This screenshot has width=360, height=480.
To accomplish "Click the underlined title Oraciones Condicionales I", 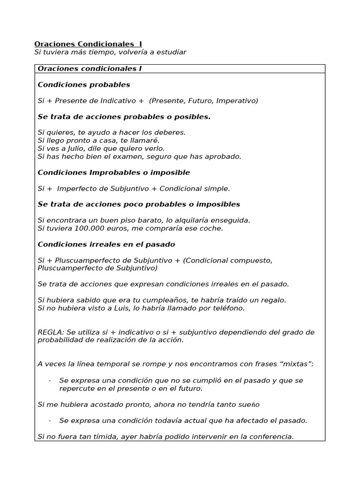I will coord(88,44).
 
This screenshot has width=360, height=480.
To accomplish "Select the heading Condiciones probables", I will coord(83,85).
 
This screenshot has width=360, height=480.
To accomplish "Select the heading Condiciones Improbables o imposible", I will coord(113,172).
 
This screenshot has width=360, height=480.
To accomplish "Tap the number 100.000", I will coord(90,228).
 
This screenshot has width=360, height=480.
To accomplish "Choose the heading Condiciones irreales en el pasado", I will coord(106,244).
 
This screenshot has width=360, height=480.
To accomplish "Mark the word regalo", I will coord(272,300).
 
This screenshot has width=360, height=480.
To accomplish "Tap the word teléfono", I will coord(228,308).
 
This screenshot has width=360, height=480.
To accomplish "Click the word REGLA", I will coord(49,332).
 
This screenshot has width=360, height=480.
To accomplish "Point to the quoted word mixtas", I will coord(297,364).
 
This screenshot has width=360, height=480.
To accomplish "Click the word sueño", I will coord(247,405).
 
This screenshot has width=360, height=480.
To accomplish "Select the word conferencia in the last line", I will coord(272,436).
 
